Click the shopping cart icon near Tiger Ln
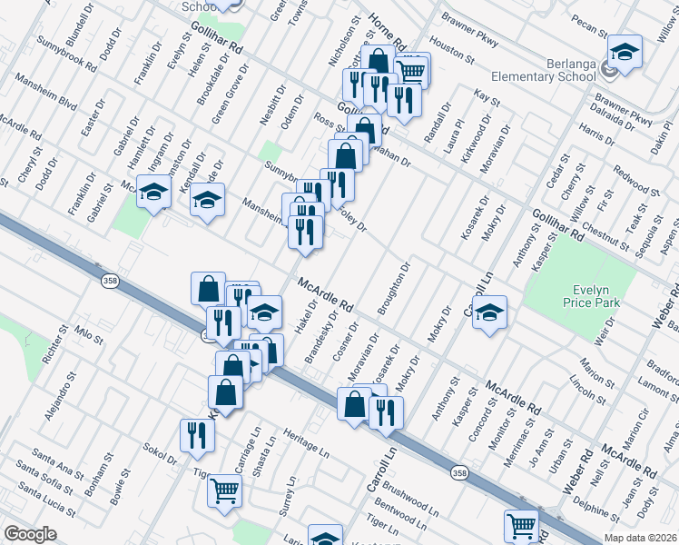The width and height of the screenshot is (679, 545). coord(224,491)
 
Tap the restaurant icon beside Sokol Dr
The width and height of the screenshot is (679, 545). coord(194,435)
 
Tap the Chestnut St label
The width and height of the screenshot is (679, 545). coord(605,239)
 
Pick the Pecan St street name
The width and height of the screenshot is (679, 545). coord(590,25)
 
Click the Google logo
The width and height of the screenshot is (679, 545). coord(30,534)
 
